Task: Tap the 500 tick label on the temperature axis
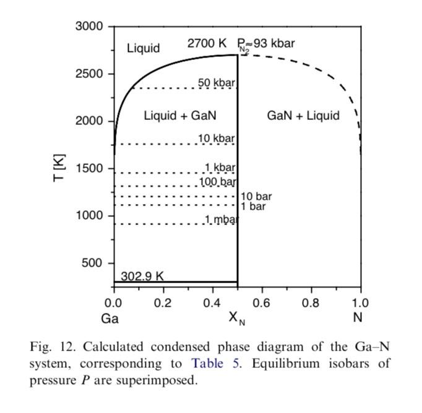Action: tap(93, 263)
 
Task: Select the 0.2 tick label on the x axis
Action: tap(163, 303)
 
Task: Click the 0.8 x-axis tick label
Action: tap(311, 303)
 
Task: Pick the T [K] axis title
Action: tap(59, 168)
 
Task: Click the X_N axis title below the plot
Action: tap(236, 318)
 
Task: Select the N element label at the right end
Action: tap(358, 318)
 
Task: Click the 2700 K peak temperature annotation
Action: tap(207, 44)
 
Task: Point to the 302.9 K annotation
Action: tap(142, 276)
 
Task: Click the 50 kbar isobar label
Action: tap(217, 82)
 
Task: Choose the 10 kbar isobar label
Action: tap(217, 138)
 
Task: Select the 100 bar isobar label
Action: tap(218, 182)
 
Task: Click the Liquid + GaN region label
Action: tap(180, 115)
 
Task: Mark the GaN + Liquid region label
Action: tap(303, 115)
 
